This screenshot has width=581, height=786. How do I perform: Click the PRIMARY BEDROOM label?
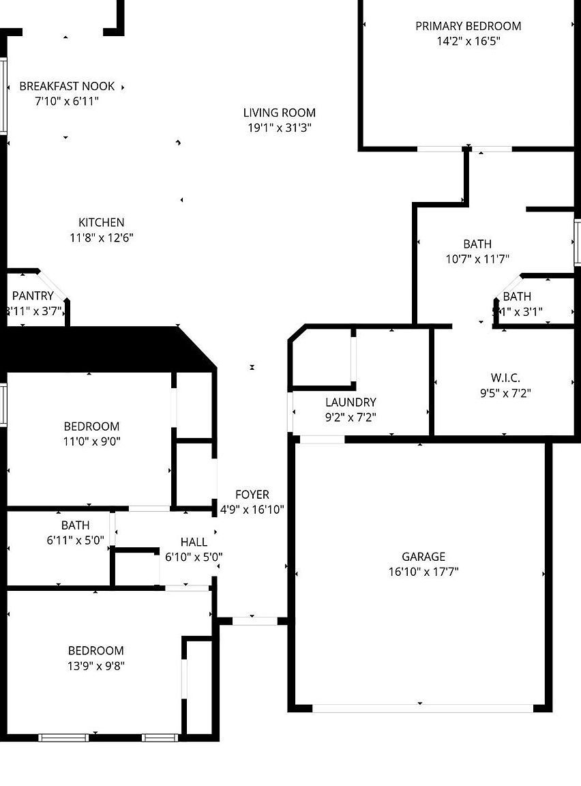point(468,26)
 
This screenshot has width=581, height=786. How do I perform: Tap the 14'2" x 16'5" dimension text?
point(468,41)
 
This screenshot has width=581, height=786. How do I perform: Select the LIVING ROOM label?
point(280,113)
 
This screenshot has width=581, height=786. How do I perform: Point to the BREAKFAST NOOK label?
point(67,86)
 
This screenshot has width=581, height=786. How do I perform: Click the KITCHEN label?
point(102,222)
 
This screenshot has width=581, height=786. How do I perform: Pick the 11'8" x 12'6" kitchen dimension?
point(102,237)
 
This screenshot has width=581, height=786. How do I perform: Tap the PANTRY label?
point(33,295)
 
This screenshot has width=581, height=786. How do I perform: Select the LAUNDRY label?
point(351,403)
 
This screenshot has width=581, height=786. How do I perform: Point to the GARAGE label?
point(423,557)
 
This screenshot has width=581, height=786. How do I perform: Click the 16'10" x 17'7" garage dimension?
point(423,572)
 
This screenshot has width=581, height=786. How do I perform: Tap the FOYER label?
point(252,495)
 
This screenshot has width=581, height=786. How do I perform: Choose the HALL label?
point(194,542)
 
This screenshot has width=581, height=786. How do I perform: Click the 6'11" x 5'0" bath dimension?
point(75,540)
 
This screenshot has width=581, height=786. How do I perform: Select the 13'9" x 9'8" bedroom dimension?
point(96,665)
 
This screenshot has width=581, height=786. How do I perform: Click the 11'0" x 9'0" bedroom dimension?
point(91,441)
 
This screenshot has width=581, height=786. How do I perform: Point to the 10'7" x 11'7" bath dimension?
point(477,259)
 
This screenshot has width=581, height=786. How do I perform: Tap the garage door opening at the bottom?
point(423,708)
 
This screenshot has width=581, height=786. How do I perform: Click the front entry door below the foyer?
point(255,621)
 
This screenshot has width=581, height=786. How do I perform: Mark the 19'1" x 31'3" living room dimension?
point(280,128)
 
